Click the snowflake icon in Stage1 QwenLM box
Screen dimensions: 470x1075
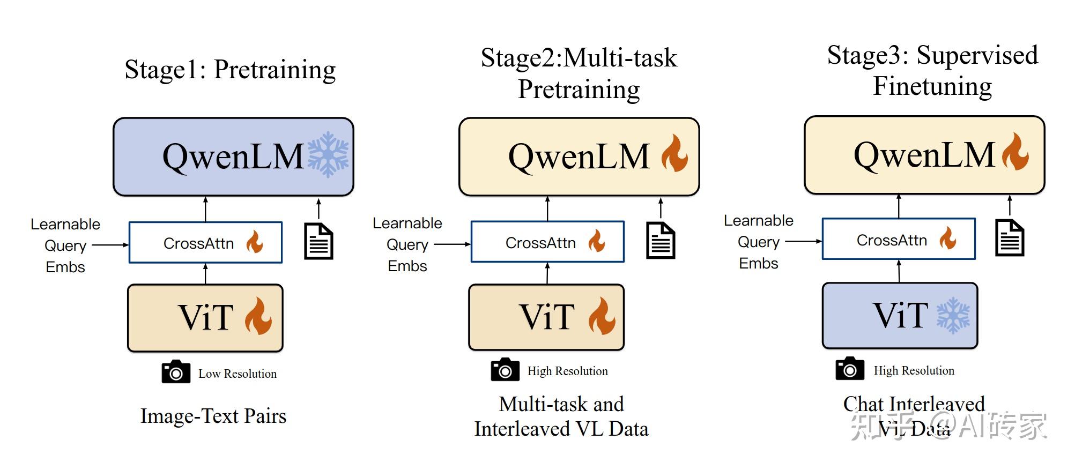[x=328, y=155]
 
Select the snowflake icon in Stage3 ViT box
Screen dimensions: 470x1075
[x=953, y=316]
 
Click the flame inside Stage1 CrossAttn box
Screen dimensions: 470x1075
[x=255, y=242]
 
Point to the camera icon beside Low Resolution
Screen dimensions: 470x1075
[x=176, y=372]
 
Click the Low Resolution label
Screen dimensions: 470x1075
[x=238, y=374]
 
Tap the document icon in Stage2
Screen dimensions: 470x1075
[x=661, y=241]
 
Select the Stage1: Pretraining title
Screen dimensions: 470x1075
[x=230, y=70]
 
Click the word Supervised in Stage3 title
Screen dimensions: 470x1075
[x=977, y=56]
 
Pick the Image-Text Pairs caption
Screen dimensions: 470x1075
[x=213, y=416]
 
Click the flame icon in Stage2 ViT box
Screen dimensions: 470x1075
[x=602, y=316]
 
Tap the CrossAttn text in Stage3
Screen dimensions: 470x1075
[x=892, y=240]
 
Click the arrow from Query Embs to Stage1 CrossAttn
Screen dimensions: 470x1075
[x=110, y=245]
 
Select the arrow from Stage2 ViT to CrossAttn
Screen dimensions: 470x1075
[x=547, y=273]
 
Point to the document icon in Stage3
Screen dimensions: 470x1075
[x=1010, y=238]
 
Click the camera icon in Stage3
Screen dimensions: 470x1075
[x=850, y=369]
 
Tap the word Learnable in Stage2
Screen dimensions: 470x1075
[x=407, y=223]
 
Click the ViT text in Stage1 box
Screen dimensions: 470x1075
[x=205, y=317]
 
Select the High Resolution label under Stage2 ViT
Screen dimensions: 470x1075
[x=567, y=371]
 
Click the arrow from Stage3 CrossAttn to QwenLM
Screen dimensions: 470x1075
[x=899, y=206]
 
